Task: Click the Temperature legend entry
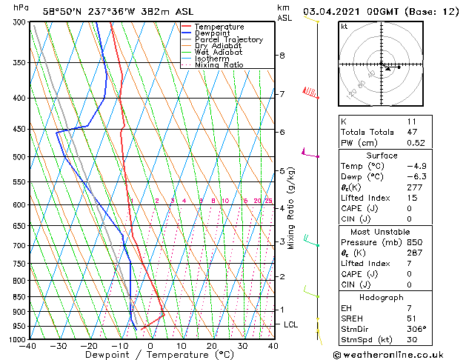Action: point(219,27)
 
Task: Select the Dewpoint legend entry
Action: point(214,33)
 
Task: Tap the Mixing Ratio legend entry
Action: point(219,65)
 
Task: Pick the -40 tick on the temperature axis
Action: point(29,345)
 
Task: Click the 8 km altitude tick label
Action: point(282,56)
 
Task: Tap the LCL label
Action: point(290,324)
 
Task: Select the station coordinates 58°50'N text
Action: point(62,11)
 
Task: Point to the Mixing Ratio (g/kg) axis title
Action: point(291,208)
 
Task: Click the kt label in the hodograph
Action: point(344,27)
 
